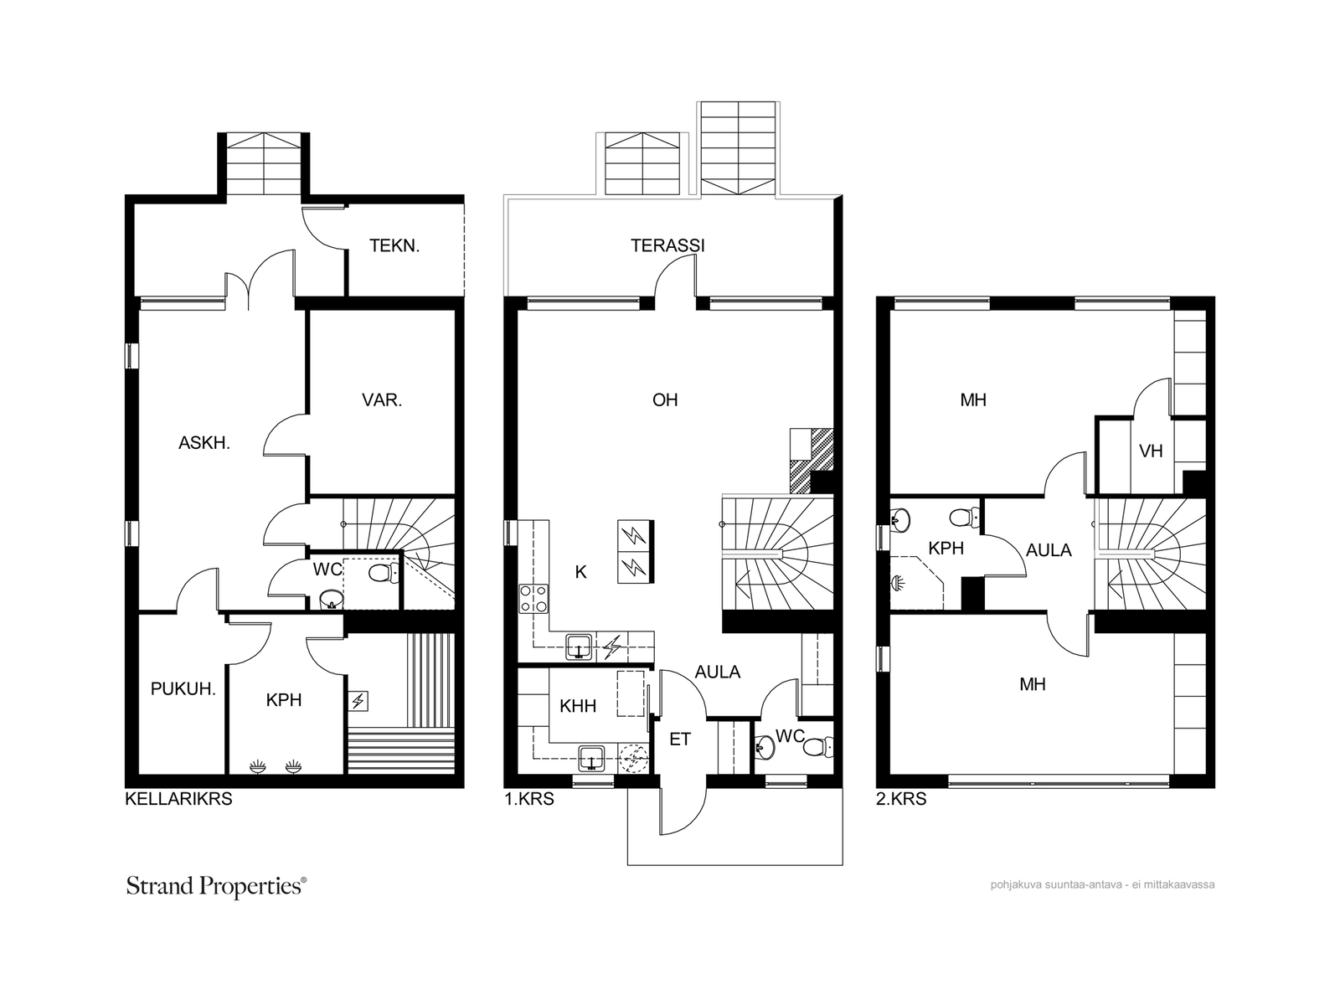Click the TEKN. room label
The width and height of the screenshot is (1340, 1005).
click(x=394, y=246)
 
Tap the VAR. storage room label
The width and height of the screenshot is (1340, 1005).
click(x=382, y=400)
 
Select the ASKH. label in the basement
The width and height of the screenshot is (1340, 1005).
click(x=204, y=443)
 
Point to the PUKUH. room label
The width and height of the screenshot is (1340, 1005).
click(x=183, y=689)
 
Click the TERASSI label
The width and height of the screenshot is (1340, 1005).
click(x=667, y=245)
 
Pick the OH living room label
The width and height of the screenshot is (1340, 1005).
click(x=665, y=399)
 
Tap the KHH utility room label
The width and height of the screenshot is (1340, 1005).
click(x=578, y=706)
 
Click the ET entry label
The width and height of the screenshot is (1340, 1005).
click(x=679, y=739)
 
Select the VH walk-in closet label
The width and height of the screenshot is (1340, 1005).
click(x=1151, y=451)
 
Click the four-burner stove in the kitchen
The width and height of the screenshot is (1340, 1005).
click(x=533, y=599)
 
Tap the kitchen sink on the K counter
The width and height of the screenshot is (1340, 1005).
click(x=578, y=647)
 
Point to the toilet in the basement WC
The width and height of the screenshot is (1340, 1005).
click(x=384, y=573)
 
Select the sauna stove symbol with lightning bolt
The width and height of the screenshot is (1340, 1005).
click(x=358, y=701)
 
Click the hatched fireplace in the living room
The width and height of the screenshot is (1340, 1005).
click(x=812, y=461)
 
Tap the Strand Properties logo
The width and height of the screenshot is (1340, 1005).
click(x=216, y=887)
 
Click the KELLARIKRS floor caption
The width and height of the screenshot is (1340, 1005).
click(x=178, y=799)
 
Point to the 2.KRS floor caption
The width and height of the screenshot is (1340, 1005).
click(x=901, y=799)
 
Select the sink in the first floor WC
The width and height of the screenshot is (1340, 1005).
click(x=765, y=746)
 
